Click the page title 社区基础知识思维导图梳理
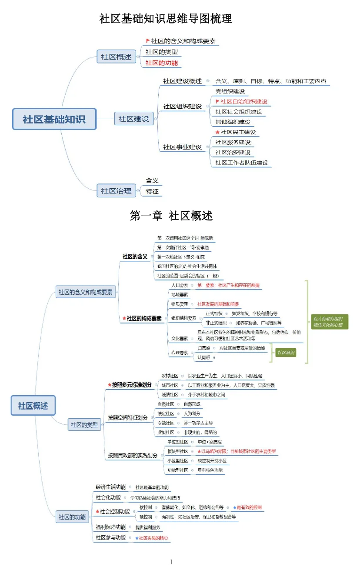tap(166, 19)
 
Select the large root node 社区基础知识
tap(54, 119)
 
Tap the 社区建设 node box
tap(134, 119)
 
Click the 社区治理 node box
tap(116, 190)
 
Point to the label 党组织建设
tap(230, 91)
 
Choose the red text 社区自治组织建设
tap(244, 101)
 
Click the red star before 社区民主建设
tap(218, 132)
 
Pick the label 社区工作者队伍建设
tap(242, 163)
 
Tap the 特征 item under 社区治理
tap(152, 191)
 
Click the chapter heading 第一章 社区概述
tap(171, 216)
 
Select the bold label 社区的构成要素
tap(144, 318)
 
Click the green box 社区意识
tap(286, 353)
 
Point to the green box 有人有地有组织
tap(327, 321)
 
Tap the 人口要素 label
tap(180, 285)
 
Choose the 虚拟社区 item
tap(166, 432)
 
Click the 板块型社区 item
tap(178, 451)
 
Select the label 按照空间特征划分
tap(128, 418)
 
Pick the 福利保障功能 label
tap(110, 527)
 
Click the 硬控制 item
tap(145, 517)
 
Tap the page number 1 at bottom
tap(171, 562)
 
